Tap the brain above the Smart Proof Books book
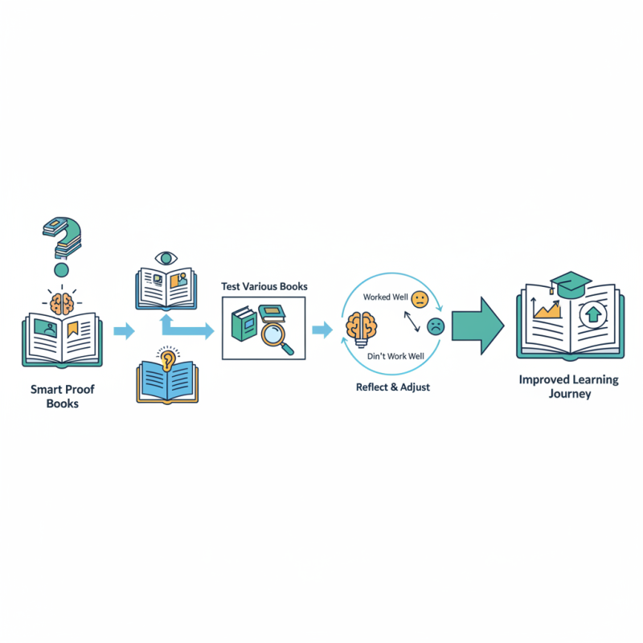tap(63, 303)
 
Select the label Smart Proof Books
tap(62, 395)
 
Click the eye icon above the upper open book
tap(167, 259)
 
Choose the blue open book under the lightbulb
tap(167, 382)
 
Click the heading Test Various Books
tap(264, 286)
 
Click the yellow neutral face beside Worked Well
tap(419, 299)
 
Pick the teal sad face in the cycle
tap(435, 326)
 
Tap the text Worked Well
tap(385, 297)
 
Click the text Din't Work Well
tap(395, 354)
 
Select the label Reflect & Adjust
tap(392, 387)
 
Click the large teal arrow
tap(477, 323)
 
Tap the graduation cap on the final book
tap(571, 283)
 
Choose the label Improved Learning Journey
tap(570, 387)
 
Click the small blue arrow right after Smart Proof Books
tap(125, 330)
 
